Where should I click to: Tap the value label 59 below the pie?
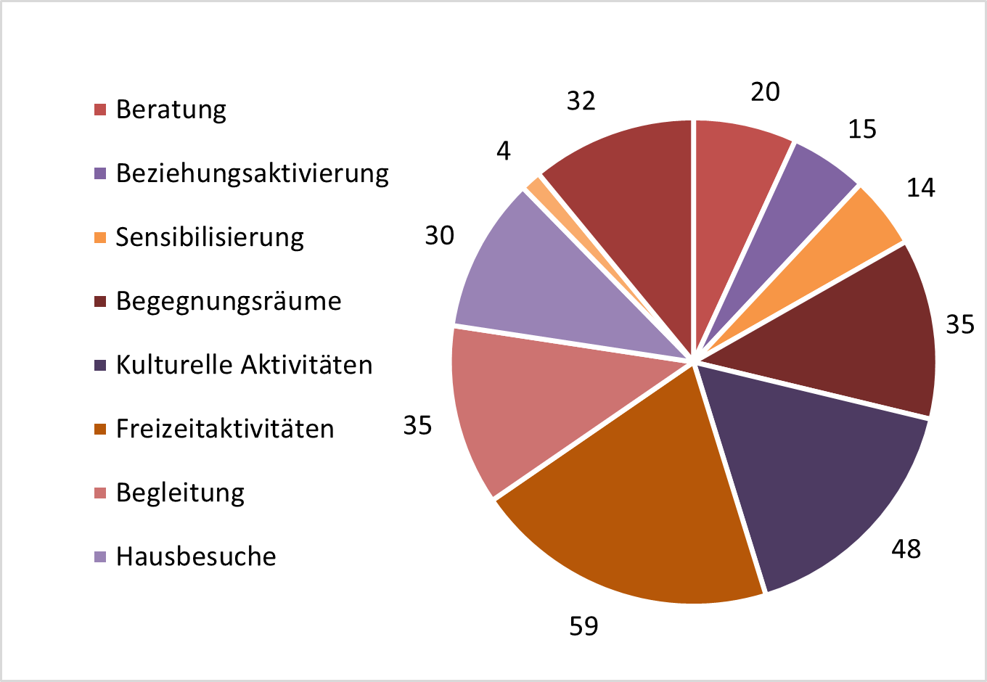coord(583,625)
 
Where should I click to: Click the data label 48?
coord(906,549)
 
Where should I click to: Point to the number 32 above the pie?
coord(581,101)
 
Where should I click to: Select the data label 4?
coord(504,151)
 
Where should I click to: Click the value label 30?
coord(440,235)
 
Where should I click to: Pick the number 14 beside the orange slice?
coord(921,188)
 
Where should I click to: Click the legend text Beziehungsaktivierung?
coord(253,173)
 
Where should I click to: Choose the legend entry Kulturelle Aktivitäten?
coord(244,364)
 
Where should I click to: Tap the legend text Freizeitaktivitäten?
coord(225,429)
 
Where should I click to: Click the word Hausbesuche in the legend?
coord(196,556)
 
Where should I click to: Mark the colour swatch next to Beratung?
coord(101,110)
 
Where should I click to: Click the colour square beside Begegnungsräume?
coord(101,301)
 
